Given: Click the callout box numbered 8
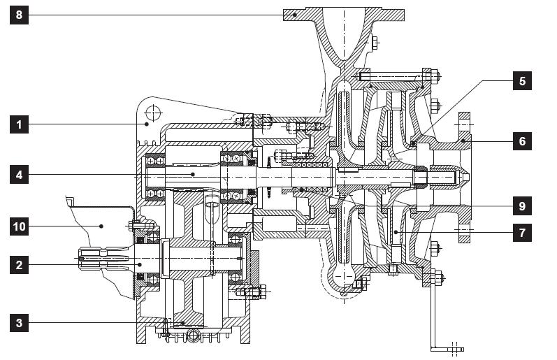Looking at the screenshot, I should [x=20, y=15].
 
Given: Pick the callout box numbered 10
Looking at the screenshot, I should [x=20, y=226].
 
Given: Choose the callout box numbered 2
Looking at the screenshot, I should [x=20, y=264].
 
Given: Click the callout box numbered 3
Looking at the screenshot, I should [x=20, y=322].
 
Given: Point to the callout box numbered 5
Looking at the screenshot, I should [x=521, y=81].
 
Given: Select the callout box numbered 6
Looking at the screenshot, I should [x=521, y=141].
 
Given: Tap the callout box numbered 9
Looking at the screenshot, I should [x=521, y=206].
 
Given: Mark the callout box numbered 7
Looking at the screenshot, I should [x=521, y=232].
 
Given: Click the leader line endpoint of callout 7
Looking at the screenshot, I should [x=396, y=232].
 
